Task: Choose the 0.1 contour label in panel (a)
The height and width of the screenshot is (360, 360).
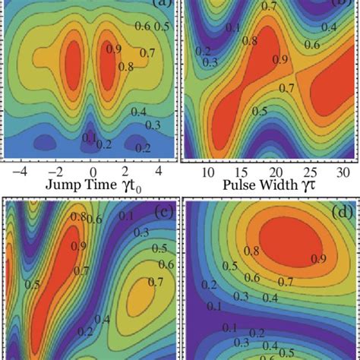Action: pyautogui.click(x=90, y=137)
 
